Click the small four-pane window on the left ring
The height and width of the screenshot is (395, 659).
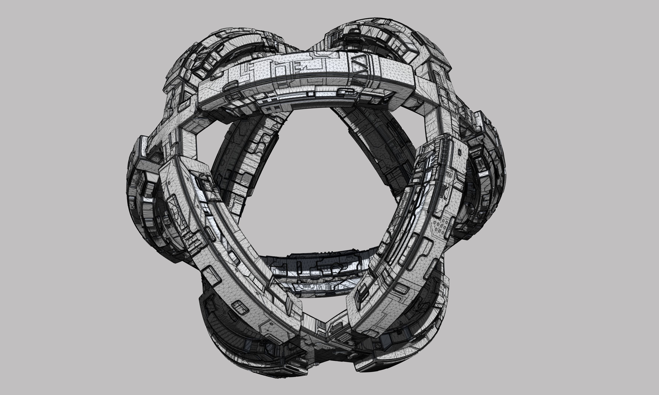click(205, 207)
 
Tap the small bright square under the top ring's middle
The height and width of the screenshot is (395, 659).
click(310, 94)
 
